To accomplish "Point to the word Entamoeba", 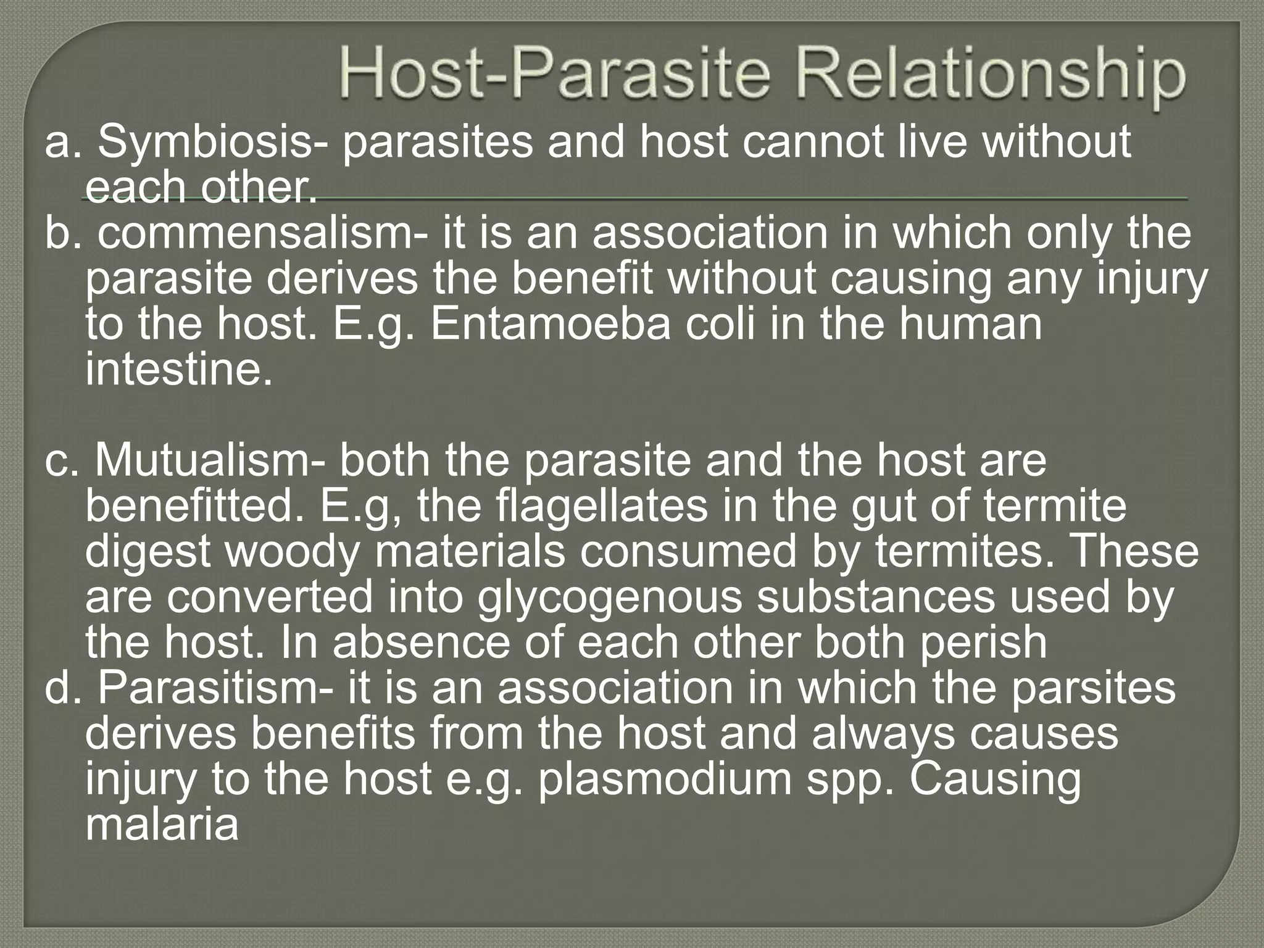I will click(550, 325).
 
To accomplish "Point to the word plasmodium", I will click(664, 779).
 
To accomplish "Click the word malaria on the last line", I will click(162, 825).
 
